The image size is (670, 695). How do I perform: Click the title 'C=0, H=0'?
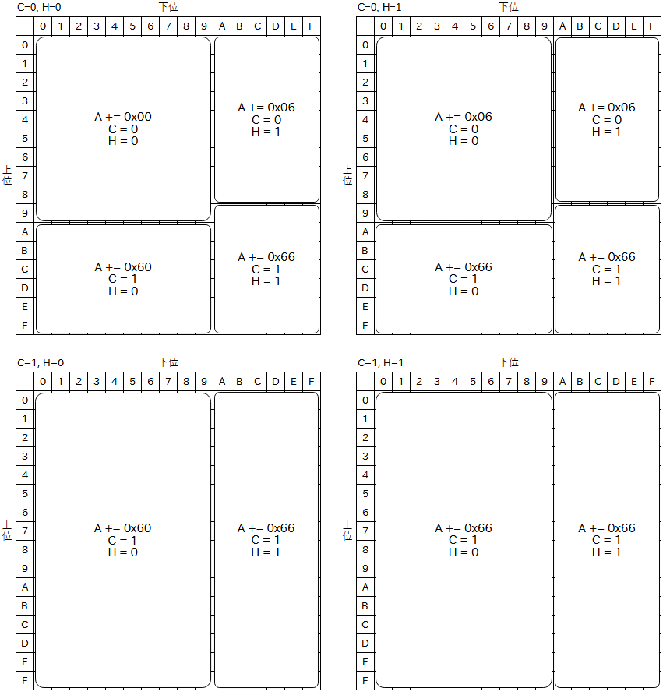(39, 8)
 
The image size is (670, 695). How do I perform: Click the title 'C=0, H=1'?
(379, 8)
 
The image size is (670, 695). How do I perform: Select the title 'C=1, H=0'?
(41, 363)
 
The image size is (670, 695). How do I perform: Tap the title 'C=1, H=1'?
(381, 363)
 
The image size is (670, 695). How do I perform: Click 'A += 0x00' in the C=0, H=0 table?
(123, 117)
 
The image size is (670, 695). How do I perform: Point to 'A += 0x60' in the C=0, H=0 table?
(123, 267)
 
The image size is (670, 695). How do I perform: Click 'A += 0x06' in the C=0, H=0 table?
(266, 108)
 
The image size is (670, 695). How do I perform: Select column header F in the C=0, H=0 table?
(312, 26)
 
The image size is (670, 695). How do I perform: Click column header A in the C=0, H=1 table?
(562, 26)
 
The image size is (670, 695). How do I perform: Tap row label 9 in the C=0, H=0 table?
(25, 213)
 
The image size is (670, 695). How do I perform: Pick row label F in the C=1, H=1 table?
(365, 680)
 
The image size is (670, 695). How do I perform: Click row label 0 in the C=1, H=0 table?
(25, 400)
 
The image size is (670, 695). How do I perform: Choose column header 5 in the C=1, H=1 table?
(473, 382)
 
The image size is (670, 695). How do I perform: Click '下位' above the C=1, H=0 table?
(168, 362)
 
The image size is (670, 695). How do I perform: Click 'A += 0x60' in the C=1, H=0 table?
(123, 528)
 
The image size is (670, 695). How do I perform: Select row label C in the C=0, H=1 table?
(365, 270)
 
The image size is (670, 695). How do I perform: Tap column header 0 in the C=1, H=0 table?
(43, 382)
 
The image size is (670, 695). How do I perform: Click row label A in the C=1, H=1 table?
(365, 587)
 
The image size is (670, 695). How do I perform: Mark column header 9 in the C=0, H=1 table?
(545, 26)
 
